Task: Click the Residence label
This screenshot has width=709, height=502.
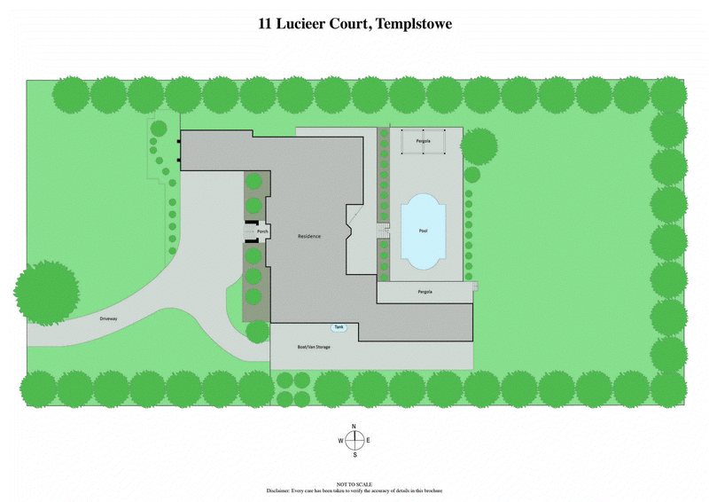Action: click(x=309, y=236)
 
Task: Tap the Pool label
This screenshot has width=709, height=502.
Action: click(x=423, y=231)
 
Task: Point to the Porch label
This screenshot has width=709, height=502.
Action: click(x=263, y=231)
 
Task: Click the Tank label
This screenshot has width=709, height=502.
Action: click(x=339, y=328)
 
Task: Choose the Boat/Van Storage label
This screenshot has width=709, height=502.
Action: click(x=314, y=347)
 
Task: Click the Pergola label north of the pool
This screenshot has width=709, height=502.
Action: click(x=424, y=141)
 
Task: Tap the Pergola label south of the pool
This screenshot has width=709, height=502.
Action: click(x=425, y=292)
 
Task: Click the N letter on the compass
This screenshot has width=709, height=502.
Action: click(x=354, y=427)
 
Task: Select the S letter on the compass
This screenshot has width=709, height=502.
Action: click(x=354, y=455)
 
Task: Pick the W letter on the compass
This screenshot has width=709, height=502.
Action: click(x=340, y=441)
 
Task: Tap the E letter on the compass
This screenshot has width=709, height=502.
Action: click(x=368, y=441)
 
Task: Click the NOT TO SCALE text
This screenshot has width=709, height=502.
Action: click(x=354, y=484)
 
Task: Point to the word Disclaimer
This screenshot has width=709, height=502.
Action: click(x=280, y=490)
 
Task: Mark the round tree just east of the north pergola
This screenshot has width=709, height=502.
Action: click(x=479, y=146)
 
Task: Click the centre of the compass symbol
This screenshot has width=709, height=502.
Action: click(x=354, y=441)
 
